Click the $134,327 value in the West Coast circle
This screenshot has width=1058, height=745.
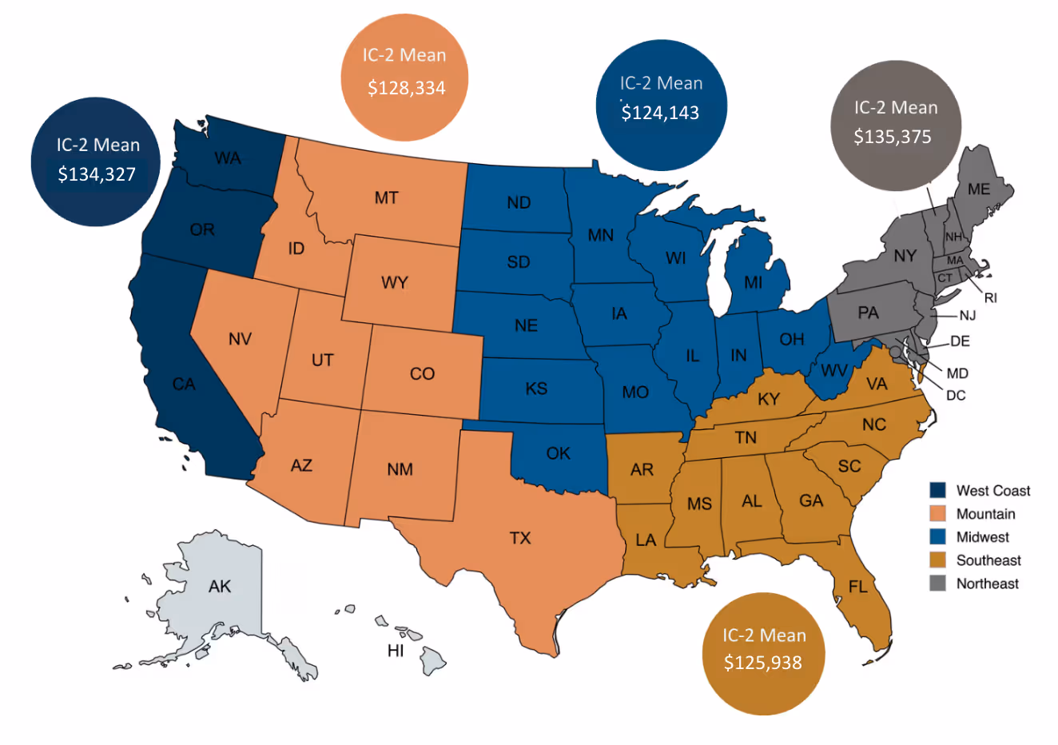point(97,174)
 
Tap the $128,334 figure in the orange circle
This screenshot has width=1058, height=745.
point(406,88)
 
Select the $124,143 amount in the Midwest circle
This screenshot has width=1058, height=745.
point(660,113)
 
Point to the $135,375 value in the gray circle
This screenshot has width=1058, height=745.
point(893,137)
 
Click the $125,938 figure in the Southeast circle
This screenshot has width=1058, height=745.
point(763,663)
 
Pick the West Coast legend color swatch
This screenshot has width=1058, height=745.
point(938,490)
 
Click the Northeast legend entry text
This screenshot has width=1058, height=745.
point(987,584)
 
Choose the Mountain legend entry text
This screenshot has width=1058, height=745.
point(985,514)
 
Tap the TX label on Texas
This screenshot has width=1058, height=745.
point(520,538)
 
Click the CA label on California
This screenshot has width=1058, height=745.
point(184,384)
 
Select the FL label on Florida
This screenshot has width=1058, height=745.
point(857,588)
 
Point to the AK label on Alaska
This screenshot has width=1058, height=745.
point(220,587)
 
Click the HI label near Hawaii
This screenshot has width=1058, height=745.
point(396,651)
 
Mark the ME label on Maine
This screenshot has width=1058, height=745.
point(979,189)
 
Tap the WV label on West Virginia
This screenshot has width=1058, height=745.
point(833,371)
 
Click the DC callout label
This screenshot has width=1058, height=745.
point(956,395)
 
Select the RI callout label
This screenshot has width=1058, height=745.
point(991,298)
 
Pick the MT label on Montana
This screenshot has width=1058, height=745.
point(386,197)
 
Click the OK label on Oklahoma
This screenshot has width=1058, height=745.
point(558,453)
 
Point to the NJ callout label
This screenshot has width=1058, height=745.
point(967,316)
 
